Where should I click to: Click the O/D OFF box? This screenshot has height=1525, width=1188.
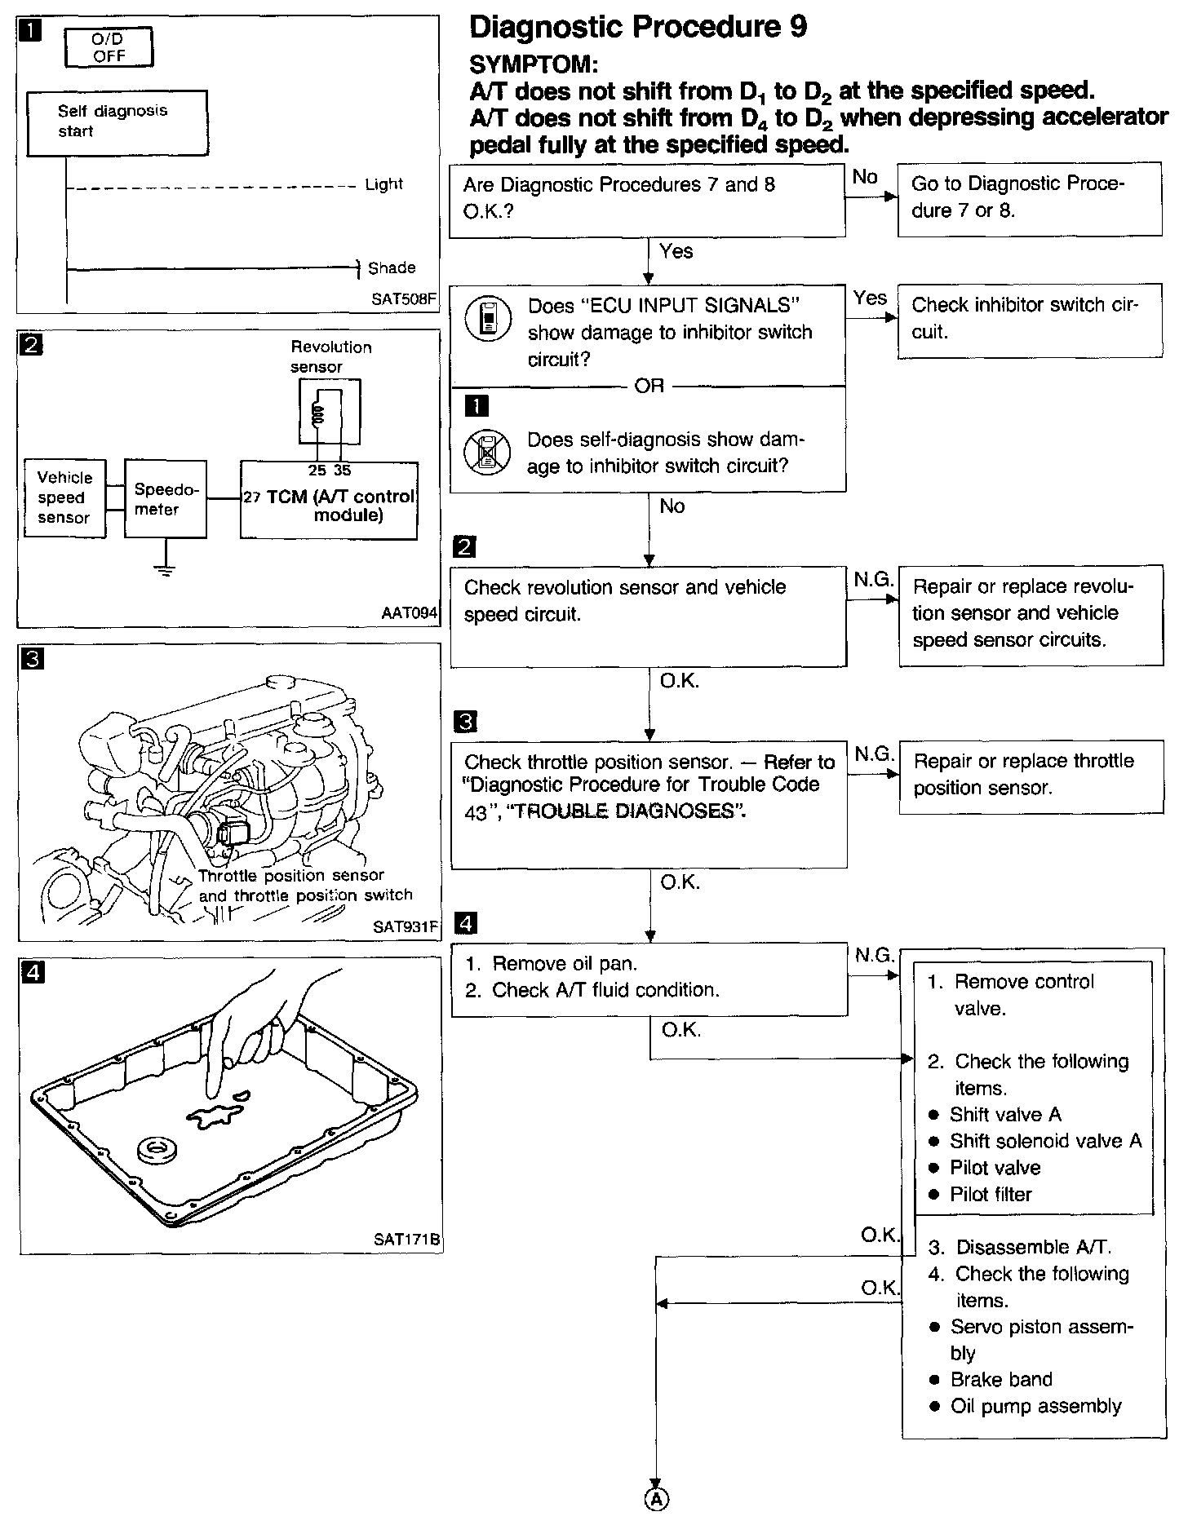[x=108, y=47]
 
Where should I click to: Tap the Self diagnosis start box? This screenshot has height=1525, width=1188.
[x=117, y=122]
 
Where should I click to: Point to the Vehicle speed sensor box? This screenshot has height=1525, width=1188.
[x=64, y=497]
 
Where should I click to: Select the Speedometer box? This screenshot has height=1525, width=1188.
[x=165, y=498]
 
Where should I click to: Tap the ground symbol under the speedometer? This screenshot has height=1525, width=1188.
[x=166, y=568]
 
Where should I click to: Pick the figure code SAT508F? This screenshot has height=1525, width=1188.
[x=404, y=298]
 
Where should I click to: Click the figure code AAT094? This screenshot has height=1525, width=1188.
[x=409, y=612]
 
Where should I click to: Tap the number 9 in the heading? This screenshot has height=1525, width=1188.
[x=798, y=27]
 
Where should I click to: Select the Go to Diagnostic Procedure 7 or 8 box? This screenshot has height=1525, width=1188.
[x=1029, y=198]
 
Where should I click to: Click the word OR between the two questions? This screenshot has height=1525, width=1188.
[x=649, y=386]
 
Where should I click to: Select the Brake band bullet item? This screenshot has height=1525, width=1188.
[x=1000, y=1379]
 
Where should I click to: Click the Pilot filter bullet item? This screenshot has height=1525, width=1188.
[x=990, y=1194]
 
